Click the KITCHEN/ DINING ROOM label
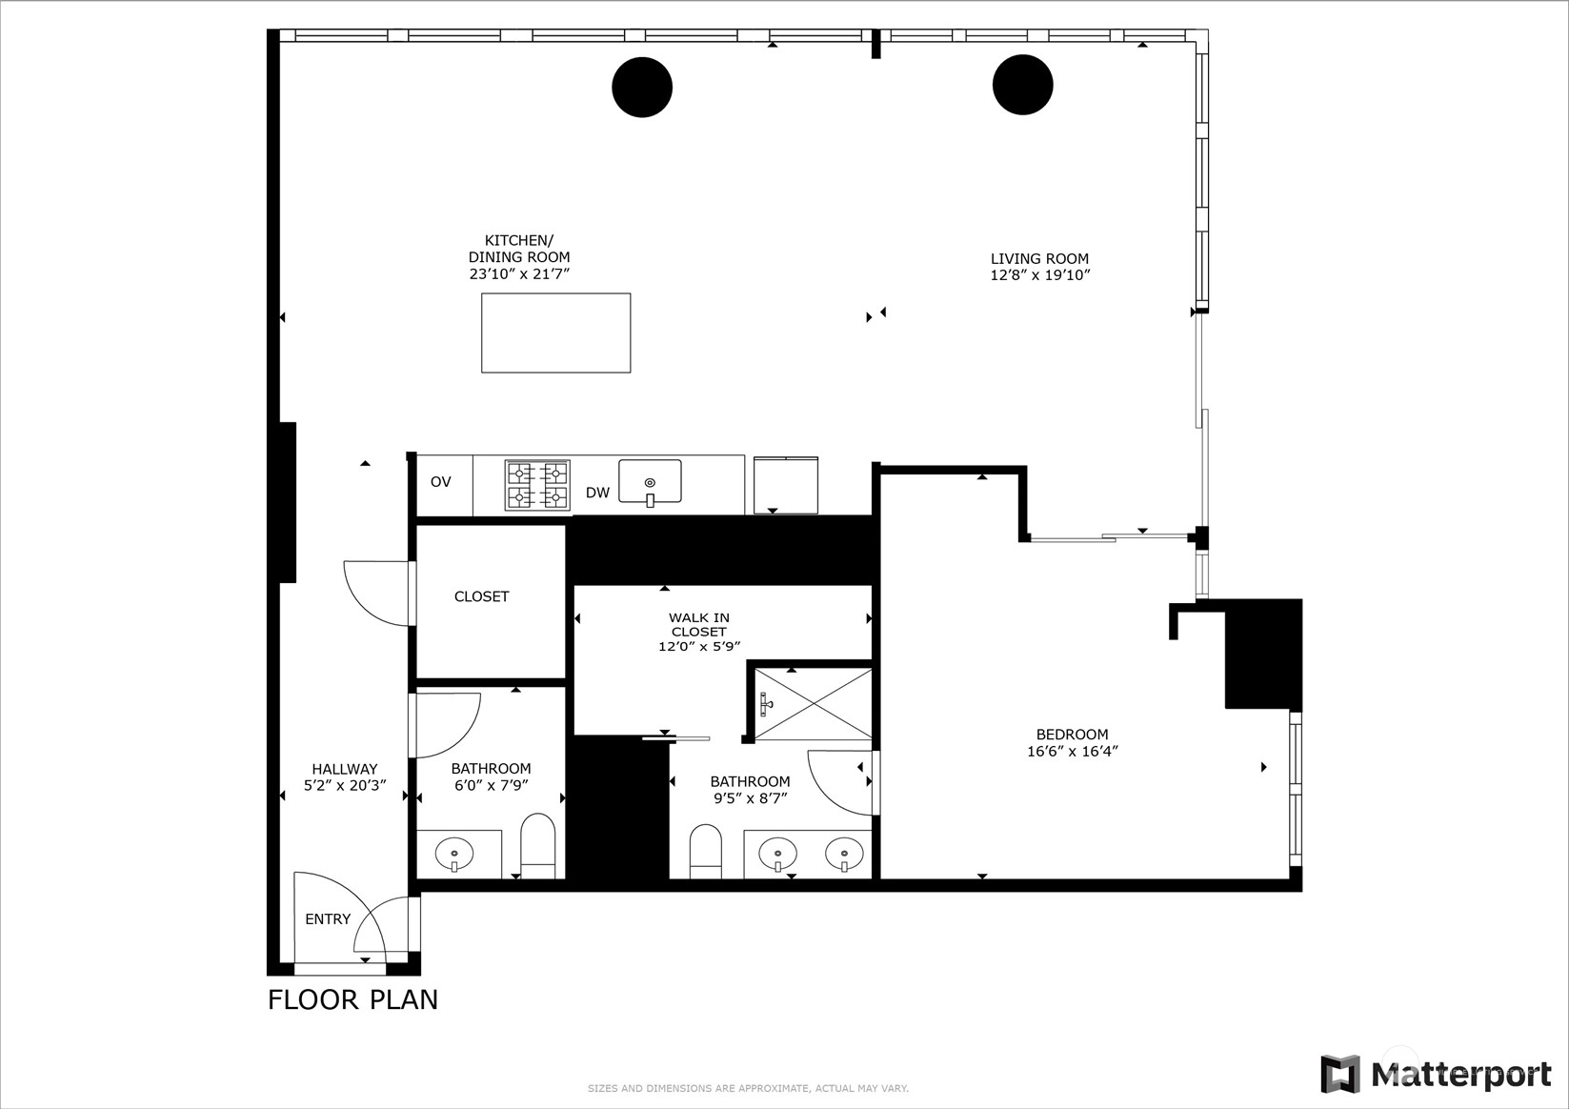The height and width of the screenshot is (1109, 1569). click(x=519, y=249)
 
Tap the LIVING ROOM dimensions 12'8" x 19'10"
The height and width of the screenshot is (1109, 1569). click(x=1040, y=275)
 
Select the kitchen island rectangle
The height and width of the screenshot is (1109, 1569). click(x=556, y=333)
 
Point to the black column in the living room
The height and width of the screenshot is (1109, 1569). click(x=1022, y=85)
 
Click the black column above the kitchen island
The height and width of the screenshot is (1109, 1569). click(x=642, y=87)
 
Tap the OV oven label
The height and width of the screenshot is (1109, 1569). click(x=440, y=482)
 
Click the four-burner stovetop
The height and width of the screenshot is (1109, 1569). click(x=538, y=485)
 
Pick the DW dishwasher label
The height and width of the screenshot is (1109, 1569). click(x=597, y=493)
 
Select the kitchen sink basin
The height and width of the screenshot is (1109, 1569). click(x=650, y=481)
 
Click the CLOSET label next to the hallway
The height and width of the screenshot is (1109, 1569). click(x=481, y=596)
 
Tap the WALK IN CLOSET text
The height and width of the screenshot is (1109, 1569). click(x=699, y=624)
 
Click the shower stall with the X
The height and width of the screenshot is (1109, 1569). click(x=814, y=703)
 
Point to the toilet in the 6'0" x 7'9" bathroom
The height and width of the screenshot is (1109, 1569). click(x=538, y=846)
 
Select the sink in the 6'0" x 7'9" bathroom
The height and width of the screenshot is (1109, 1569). click(x=454, y=855)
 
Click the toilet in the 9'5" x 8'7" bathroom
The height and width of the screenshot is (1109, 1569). click(x=705, y=851)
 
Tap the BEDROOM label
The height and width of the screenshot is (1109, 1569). click(x=1073, y=735)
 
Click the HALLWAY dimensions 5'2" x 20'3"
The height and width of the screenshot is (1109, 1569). click(x=345, y=786)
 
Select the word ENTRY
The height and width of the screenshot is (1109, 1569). click(x=328, y=919)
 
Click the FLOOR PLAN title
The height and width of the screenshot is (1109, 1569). click(x=353, y=999)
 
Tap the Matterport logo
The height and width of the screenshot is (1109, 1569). click(x=1436, y=1074)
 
